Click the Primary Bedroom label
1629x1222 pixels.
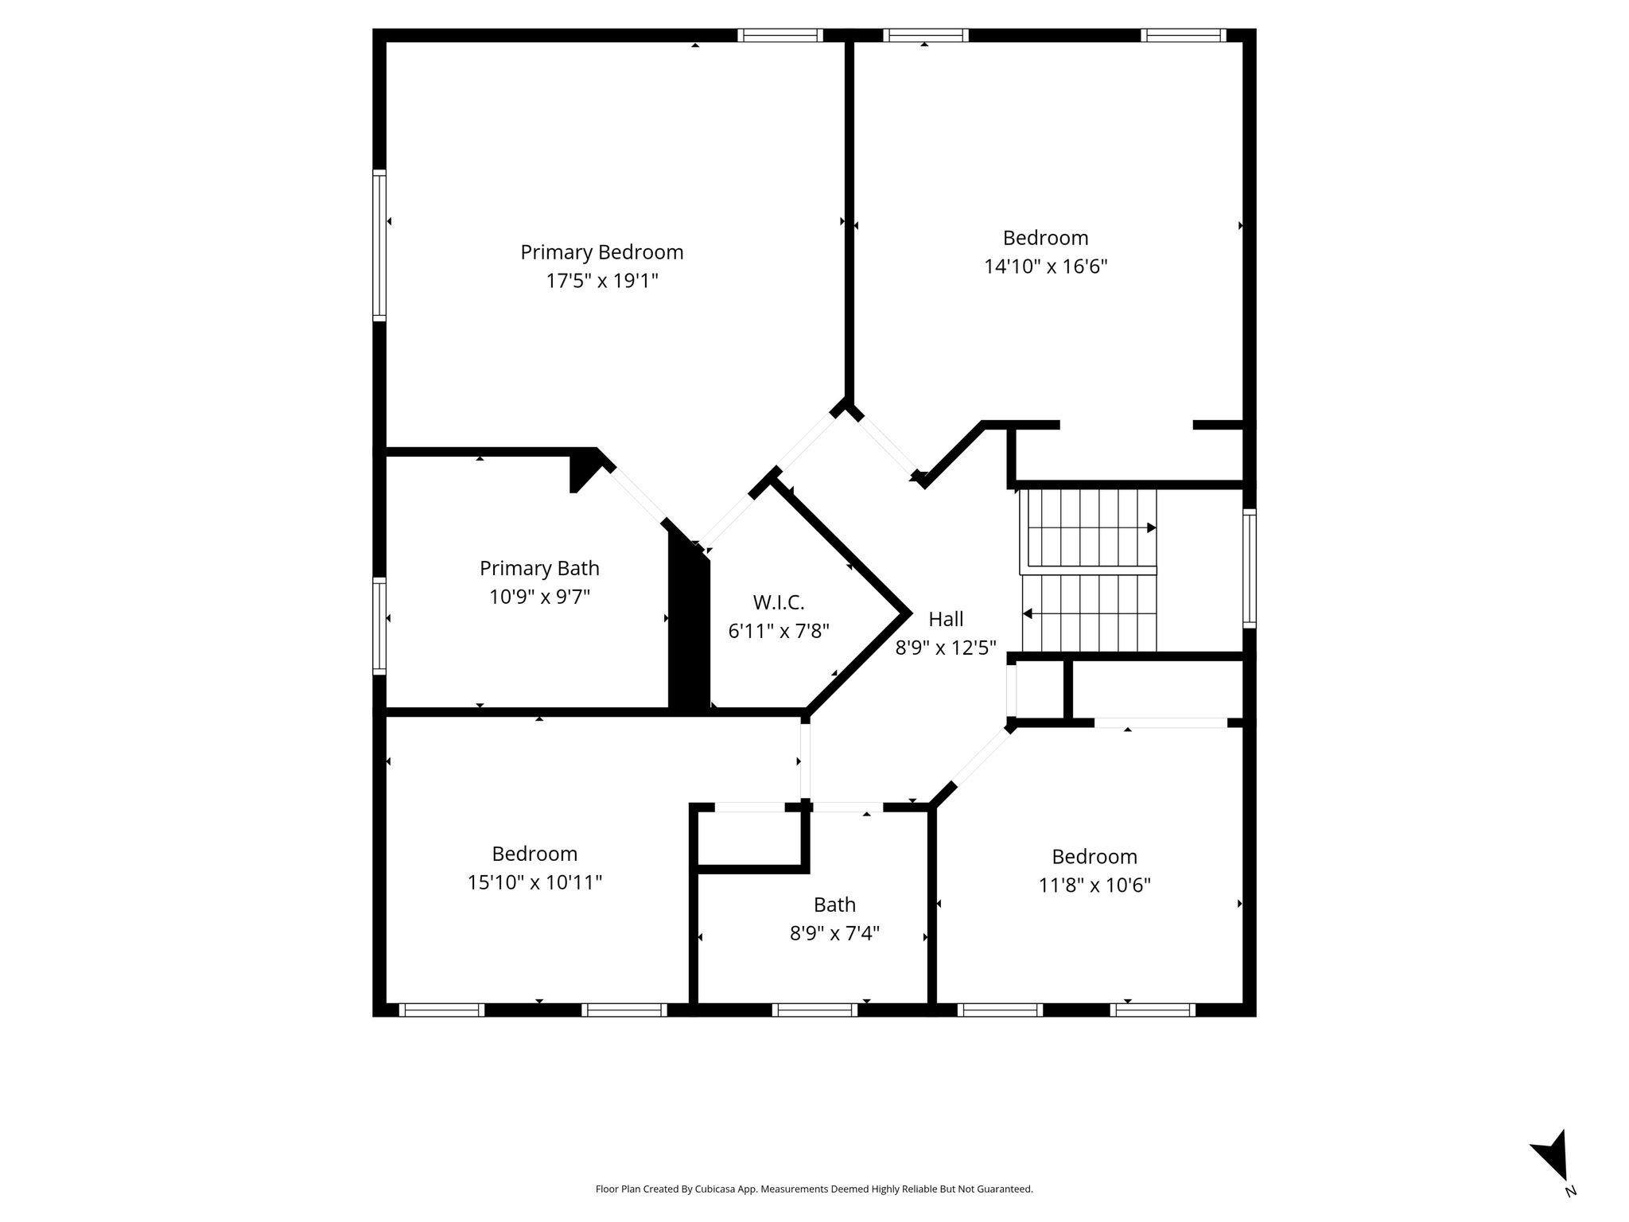click(602, 252)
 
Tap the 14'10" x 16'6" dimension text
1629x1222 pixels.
click(1046, 266)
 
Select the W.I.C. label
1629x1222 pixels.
click(779, 602)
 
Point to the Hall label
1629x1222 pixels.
click(946, 619)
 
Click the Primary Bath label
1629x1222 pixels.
click(539, 568)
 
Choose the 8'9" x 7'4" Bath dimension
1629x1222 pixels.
click(834, 932)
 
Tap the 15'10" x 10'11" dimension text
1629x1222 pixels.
click(535, 882)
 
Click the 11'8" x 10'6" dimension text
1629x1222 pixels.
click(1094, 885)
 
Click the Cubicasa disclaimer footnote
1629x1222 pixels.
click(814, 1189)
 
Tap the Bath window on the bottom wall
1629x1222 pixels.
click(814, 1010)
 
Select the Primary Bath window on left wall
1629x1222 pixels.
click(379, 626)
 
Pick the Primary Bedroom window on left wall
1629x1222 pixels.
click(379, 245)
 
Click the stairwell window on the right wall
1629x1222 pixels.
click(1250, 568)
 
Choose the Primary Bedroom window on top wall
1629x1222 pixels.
click(780, 35)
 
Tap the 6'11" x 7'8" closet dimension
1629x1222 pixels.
click(779, 631)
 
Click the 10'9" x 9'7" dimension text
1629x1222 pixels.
click(539, 597)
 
